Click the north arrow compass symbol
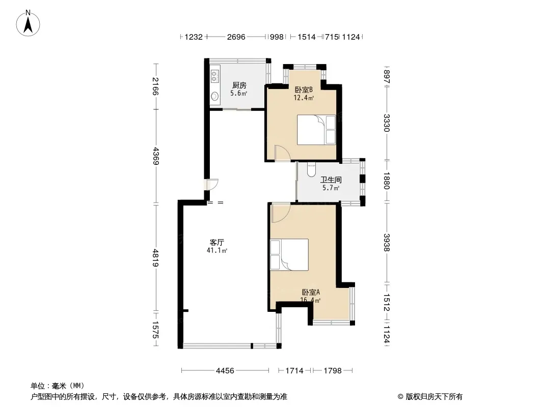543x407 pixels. click(x=28, y=23)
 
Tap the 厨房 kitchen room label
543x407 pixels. click(x=239, y=85)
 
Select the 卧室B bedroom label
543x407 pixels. click(x=304, y=90)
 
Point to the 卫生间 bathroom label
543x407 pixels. click(x=331, y=180)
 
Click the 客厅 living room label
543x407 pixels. click(x=217, y=242)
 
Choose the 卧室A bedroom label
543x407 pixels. click(x=311, y=292)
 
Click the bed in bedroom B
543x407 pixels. click(x=316, y=130)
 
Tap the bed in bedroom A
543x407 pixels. click(x=289, y=254)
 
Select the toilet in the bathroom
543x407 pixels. click(x=311, y=169)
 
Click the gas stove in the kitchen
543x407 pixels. click(x=214, y=76)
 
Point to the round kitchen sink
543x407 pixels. click(x=215, y=96)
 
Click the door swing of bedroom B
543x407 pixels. click(x=281, y=153)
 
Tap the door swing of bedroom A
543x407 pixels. click(x=281, y=213)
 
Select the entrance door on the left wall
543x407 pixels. click(x=211, y=184)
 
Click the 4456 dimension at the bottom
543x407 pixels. click(x=225, y=371)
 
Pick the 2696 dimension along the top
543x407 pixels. click(x=236, y=37)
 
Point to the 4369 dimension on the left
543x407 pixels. click(x=156, y=156)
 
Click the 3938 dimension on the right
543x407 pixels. click(x=387, y=243)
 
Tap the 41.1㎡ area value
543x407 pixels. click(x=217, y=250)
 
